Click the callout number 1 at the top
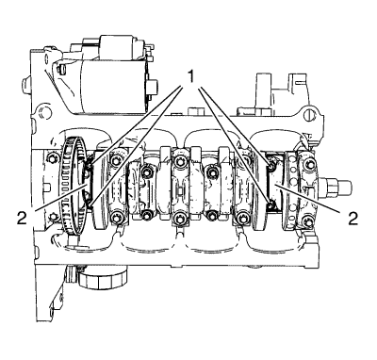click(x=190, y=77)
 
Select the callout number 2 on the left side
click(x=22, y=219)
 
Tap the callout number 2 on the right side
click(x=352, y=218)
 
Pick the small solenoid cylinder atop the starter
click(x=123, y=47)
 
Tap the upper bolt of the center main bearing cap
click(x=179, y=162)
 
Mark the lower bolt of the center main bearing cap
click(x=179, y=217)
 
